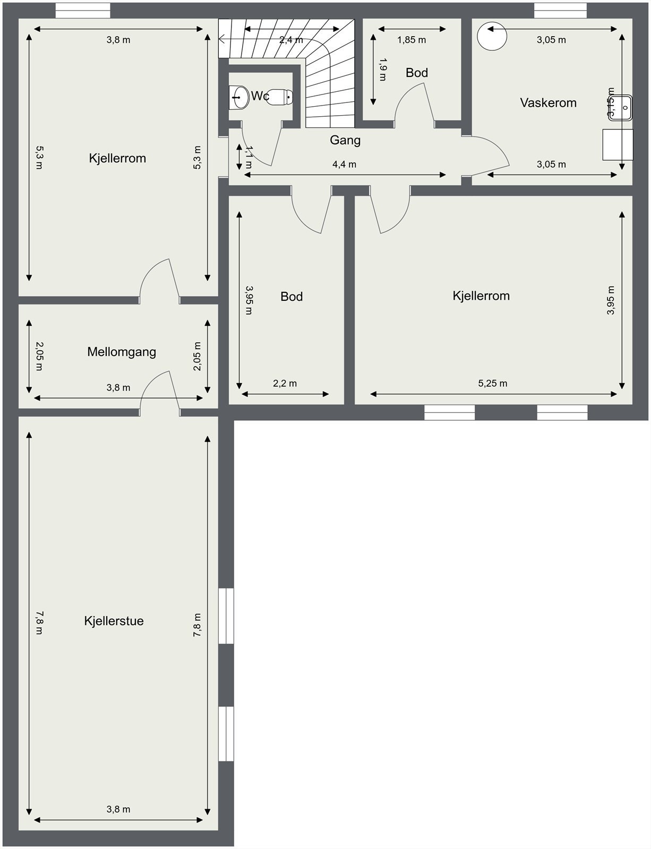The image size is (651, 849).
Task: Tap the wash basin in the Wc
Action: (239, 98)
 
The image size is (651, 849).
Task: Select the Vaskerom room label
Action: (548, 103)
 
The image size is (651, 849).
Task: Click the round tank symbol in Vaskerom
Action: (491, 37)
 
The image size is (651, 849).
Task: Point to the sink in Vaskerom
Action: (620, 108)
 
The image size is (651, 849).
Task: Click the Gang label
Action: (345, 140)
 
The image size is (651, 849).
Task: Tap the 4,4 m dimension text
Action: (344, 164)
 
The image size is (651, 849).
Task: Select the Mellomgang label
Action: (122, 352)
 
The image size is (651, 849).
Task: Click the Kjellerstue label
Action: (114, 621)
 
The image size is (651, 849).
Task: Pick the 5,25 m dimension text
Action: (492, 384)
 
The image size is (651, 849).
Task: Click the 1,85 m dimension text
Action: (412, 40)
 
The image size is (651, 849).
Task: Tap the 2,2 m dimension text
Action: (285, 384)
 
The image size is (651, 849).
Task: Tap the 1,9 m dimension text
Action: (383, 70)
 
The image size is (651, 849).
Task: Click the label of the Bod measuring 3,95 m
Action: (292, 297)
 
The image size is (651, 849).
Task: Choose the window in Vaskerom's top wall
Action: (560, 10)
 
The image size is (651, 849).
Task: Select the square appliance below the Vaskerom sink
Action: (618, 144)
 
